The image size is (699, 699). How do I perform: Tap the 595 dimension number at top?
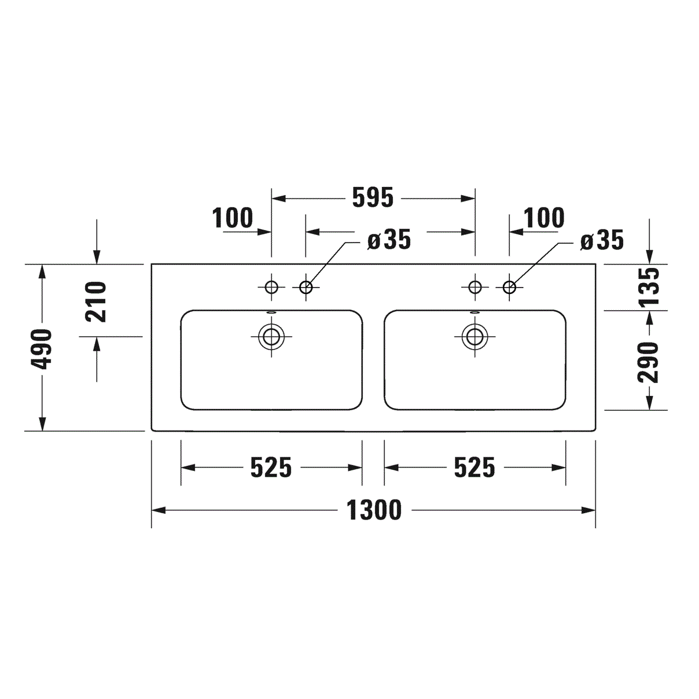(373, 198)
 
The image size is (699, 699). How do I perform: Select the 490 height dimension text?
(41, 349)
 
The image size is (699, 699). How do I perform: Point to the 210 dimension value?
(95, 302)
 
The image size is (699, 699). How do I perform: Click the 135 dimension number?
(648, 287)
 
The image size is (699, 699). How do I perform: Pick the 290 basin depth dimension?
(648, 362)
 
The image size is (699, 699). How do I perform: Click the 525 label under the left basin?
(271, 468)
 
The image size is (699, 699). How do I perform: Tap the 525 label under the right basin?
(474, 468)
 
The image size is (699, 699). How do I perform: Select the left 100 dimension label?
(232, 218)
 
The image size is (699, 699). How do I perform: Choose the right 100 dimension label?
(544, 218)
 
